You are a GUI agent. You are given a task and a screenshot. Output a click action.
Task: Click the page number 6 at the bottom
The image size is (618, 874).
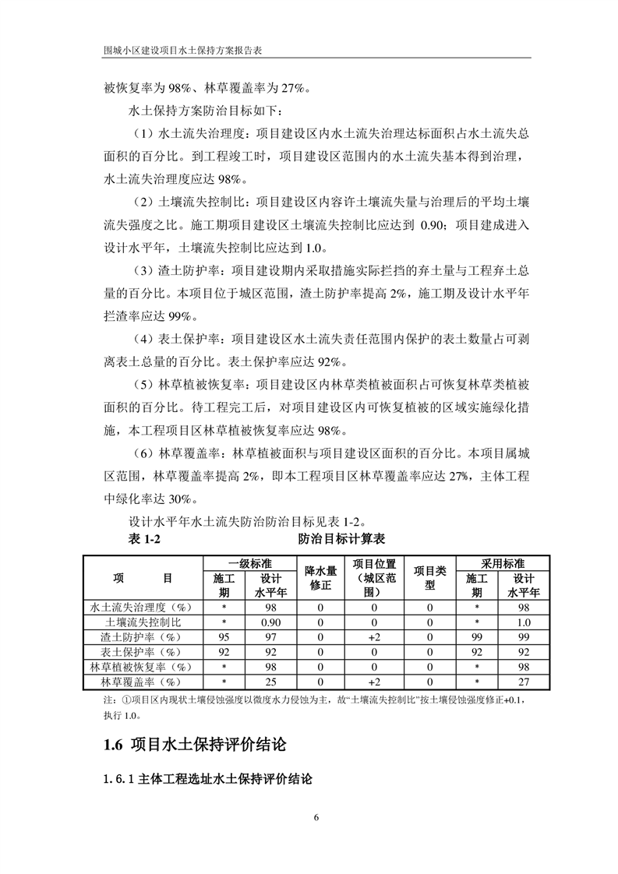[x=316, y=819]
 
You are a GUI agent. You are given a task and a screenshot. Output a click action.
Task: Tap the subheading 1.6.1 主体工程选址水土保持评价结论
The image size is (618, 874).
[x=207, y=779]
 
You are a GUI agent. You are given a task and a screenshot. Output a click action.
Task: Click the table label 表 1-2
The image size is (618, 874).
[x=143, y=539]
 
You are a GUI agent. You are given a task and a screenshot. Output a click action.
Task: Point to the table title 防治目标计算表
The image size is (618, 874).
[x=342, y=539]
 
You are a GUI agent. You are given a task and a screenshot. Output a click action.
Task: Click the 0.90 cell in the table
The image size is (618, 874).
[x=270, y=622]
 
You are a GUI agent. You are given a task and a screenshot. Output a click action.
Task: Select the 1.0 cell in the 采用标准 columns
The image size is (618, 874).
[x=524, y=622]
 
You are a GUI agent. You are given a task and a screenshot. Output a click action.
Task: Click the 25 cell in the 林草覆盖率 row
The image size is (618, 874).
[x=270, y=682]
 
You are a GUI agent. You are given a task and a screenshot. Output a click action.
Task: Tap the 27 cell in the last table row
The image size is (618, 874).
[x=524, y=682]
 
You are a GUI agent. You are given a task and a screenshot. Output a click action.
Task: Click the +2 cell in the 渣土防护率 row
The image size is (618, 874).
[x=374, y=637]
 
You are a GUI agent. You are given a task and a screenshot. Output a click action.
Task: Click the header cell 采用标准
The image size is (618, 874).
[x=503, y=562]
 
